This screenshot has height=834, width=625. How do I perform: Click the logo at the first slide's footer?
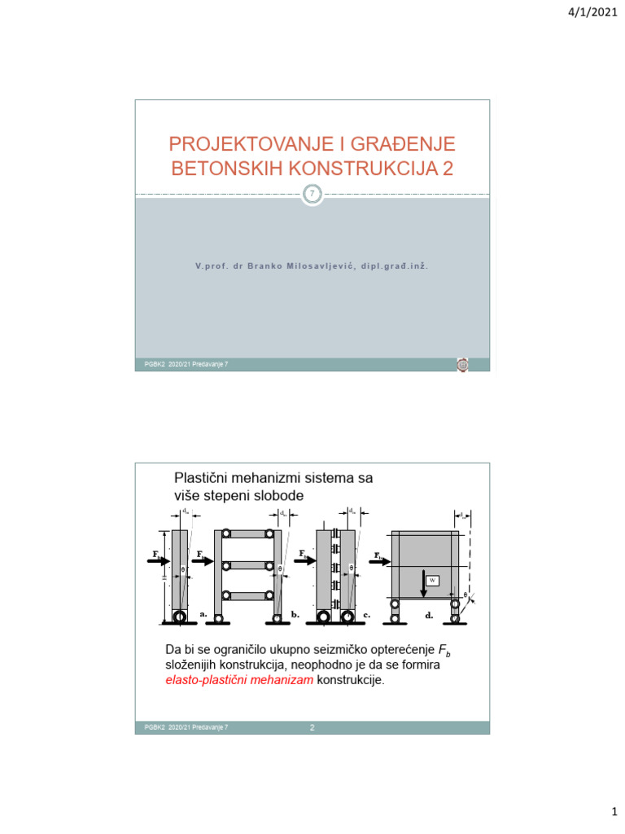(462, 365)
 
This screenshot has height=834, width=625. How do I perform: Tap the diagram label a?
(203, 615)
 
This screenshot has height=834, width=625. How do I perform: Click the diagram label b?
(295, 615)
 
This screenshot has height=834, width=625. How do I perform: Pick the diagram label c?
(367, 615)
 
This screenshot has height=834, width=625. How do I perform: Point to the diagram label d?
(429, 616)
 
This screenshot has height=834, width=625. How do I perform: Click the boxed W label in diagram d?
(433, 580)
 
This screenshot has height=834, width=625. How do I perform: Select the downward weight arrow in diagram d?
(423, 583)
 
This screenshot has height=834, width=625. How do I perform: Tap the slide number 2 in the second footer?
(312, 727)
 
